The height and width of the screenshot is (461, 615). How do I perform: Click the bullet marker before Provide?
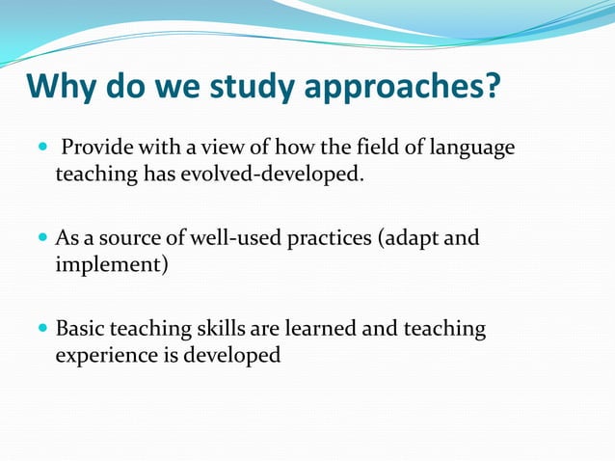click(x=40, y=148)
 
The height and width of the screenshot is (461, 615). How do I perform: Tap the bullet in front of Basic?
click(x=40, y=329)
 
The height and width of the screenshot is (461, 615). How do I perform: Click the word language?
click(x=472, y=149)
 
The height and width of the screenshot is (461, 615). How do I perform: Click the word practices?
click(x=326, y=238)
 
